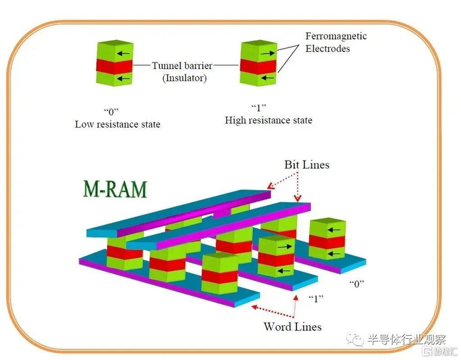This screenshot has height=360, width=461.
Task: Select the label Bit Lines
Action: (x=306, y=164)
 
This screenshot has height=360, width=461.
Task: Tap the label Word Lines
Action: (x=292, y=326)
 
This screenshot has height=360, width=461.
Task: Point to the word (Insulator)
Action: (x=184, y=78)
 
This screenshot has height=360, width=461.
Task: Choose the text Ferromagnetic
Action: (x=336, y=36)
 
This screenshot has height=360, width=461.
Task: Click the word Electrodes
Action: (x=328, y=49)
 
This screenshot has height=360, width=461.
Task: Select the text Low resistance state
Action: (x=117, y=124)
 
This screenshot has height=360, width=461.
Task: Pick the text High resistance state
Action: (x=269, y=120)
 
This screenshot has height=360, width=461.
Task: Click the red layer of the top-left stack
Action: (x=114, y=66)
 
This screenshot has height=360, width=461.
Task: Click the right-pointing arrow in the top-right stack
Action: (x=263, y=51)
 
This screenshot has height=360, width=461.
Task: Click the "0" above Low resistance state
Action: (x=111, y=111)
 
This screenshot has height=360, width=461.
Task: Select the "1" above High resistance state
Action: (x=259, y=108)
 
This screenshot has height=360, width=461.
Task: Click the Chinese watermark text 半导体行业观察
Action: (x=406, y=340)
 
